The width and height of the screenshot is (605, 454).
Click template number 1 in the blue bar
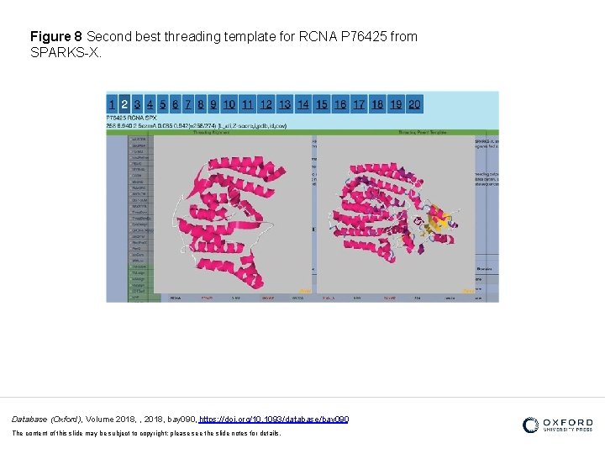pyautogui.click(x=112, y=103)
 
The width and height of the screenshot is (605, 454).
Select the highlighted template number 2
pyautogui.click(x=124, y=103)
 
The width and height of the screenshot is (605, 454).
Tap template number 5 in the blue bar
pyautogui.click(x=162, y=103)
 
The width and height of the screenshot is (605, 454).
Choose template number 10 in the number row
pyautogui.click(x=229, y=103)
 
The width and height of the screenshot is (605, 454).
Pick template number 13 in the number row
pyautogui.click(x=285, y=103)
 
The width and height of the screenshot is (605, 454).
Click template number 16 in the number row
pyautogui.click(x=340, y=103)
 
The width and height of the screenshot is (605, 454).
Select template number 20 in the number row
pyautogui.click(x=414, y=103)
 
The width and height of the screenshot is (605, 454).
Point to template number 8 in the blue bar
pyautogui.click(x=201, y=103)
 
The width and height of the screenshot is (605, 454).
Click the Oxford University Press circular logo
pyautogui.click(x=530, y=425)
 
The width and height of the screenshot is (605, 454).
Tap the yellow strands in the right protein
pyautogui.click(x=437, y=221)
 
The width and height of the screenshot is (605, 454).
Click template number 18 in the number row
pyautogui.click(x=377, y=103)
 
